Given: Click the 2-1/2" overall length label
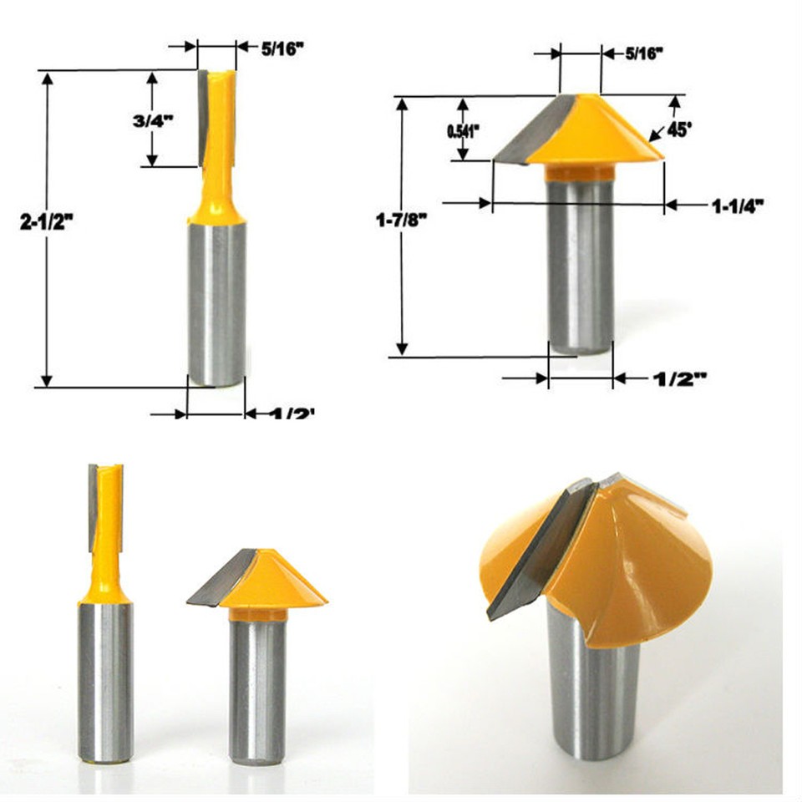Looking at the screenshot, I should click(48, 223).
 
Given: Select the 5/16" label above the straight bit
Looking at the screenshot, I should click(282, 48).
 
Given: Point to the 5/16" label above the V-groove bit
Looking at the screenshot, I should click(643, 53).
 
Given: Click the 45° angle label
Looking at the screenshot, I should click(680, 130).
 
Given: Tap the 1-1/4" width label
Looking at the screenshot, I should click(739, 206).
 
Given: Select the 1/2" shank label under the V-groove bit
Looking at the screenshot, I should click(678, 378).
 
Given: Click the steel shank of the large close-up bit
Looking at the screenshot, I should click(594, 693).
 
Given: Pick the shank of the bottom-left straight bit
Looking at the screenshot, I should click(105, 681).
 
